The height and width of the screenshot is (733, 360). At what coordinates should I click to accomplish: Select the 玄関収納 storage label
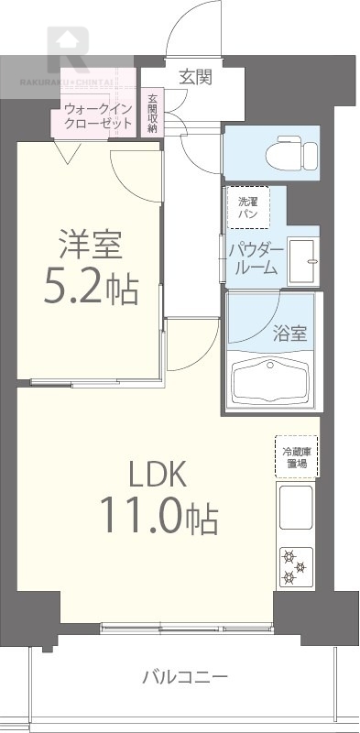(152, 113)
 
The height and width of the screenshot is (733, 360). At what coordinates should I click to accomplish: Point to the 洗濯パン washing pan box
(248, 207)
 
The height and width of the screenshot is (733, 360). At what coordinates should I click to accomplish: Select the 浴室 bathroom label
(290, 334)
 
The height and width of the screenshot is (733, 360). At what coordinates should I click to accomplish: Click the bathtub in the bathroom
(271, 379)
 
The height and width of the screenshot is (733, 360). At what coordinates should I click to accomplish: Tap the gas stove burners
(295, 565)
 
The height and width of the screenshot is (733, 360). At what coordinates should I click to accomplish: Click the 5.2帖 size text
(93, 290)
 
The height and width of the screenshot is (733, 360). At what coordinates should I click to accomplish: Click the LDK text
(157, 475)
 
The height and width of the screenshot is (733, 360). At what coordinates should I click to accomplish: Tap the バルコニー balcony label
(184, 679)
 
